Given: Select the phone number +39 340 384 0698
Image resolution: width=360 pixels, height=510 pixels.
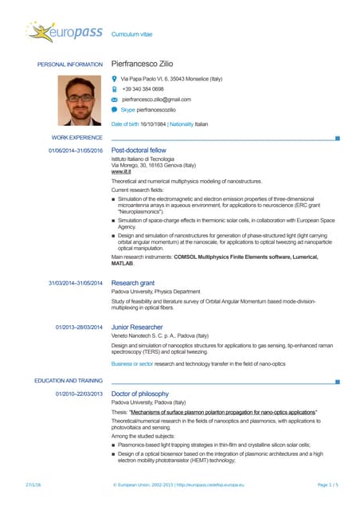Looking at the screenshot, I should coord(143,90).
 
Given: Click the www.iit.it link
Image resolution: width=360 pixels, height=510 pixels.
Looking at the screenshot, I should coord(122,171).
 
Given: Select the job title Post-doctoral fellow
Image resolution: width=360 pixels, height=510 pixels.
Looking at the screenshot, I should coord(139,150).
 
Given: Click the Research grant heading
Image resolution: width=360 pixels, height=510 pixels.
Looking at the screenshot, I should coord(133,283).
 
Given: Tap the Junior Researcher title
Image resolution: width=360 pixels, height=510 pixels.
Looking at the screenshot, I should coord(138,326).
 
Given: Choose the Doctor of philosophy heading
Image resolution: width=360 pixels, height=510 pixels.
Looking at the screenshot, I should coord(140,394).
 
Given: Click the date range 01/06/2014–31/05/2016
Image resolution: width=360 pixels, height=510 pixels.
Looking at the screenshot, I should coord(76,150).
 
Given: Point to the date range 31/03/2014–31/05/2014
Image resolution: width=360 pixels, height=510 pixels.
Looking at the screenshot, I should coord(76,283).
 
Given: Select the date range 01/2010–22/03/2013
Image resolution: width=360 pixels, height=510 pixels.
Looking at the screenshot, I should coord(79,394).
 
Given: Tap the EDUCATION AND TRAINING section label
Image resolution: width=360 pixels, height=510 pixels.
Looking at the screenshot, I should coord(68,382).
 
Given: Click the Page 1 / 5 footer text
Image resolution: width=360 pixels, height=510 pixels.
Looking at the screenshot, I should coord(328,484).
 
